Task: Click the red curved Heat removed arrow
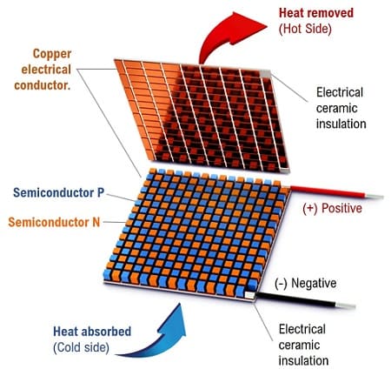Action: click(220, 35)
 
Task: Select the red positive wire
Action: click(328, 191)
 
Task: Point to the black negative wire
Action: click(295, 299)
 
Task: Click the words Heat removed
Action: click(316, 13)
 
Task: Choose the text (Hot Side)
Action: click(305, 29)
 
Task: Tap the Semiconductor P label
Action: click(58, 192)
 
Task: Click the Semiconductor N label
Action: click(54, 222)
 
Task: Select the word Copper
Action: click(52, 54)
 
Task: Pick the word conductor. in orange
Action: click(43, 85)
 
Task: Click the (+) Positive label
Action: click(332, 208)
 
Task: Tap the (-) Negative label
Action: click(305, 283)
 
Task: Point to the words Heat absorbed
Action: click(92, 332)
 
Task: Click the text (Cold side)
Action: click(81, 347)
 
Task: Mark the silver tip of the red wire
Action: click(374, 197)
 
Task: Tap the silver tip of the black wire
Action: click(345, 305)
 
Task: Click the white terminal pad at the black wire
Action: click(249, 295)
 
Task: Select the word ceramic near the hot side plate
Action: click(336, 109)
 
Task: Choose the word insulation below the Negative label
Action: click(303, 361)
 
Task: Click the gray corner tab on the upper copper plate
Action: click(265, 74)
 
